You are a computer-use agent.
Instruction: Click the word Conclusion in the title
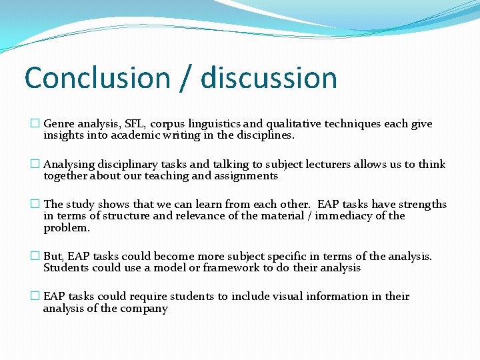coord(97,78)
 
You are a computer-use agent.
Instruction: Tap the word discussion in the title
coord(269,78)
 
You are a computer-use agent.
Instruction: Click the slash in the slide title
coord(185,79)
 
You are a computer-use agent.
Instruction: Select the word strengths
coord(421,205)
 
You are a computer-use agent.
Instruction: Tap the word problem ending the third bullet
coord(65,228)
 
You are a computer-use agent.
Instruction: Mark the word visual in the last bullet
coord(287,297)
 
